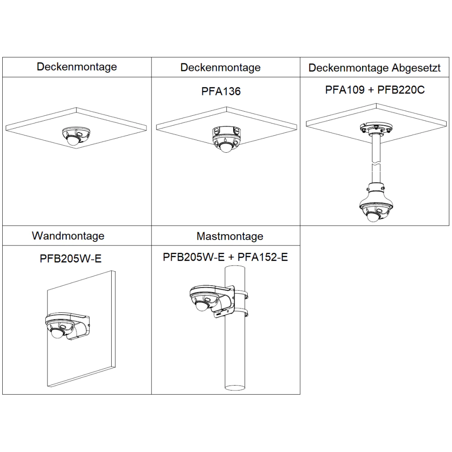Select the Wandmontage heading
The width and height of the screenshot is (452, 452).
click(x=68, y=235)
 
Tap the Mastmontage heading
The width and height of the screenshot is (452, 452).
click(x=230, y=236)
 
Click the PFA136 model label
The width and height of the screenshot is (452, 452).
click(x=221, y=91)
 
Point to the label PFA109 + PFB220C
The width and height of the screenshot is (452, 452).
click(x=375, y=89)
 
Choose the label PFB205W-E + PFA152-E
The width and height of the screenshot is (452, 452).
click(x=225, y=257)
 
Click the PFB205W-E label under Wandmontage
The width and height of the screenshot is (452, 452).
click(x=71, y=259)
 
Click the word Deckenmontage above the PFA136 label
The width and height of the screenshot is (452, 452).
click(x=220, y=68)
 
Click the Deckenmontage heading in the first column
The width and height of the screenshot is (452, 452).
click(x=77, y=67)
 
